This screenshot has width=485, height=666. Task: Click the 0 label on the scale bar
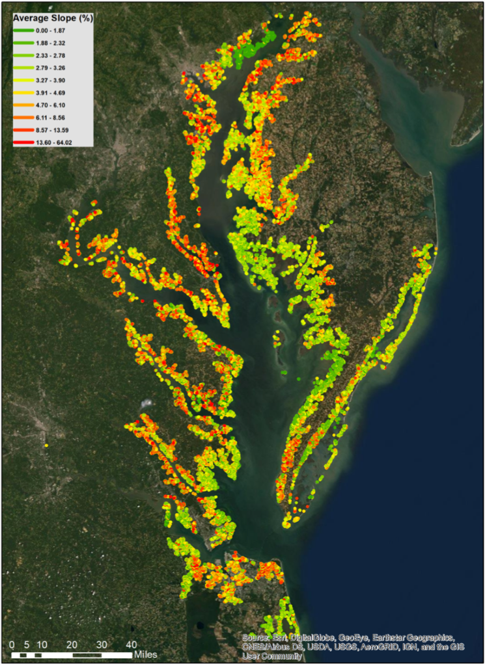tap(12, 644)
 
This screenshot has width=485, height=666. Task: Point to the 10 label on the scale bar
tap(42, 644)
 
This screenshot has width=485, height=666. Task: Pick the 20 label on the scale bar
tap(72, 644)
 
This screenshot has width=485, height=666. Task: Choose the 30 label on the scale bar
tap(102, 644)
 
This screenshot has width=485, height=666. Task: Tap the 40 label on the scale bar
tap(131, 644)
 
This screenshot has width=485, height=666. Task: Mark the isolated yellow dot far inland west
tap(47, 446)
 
